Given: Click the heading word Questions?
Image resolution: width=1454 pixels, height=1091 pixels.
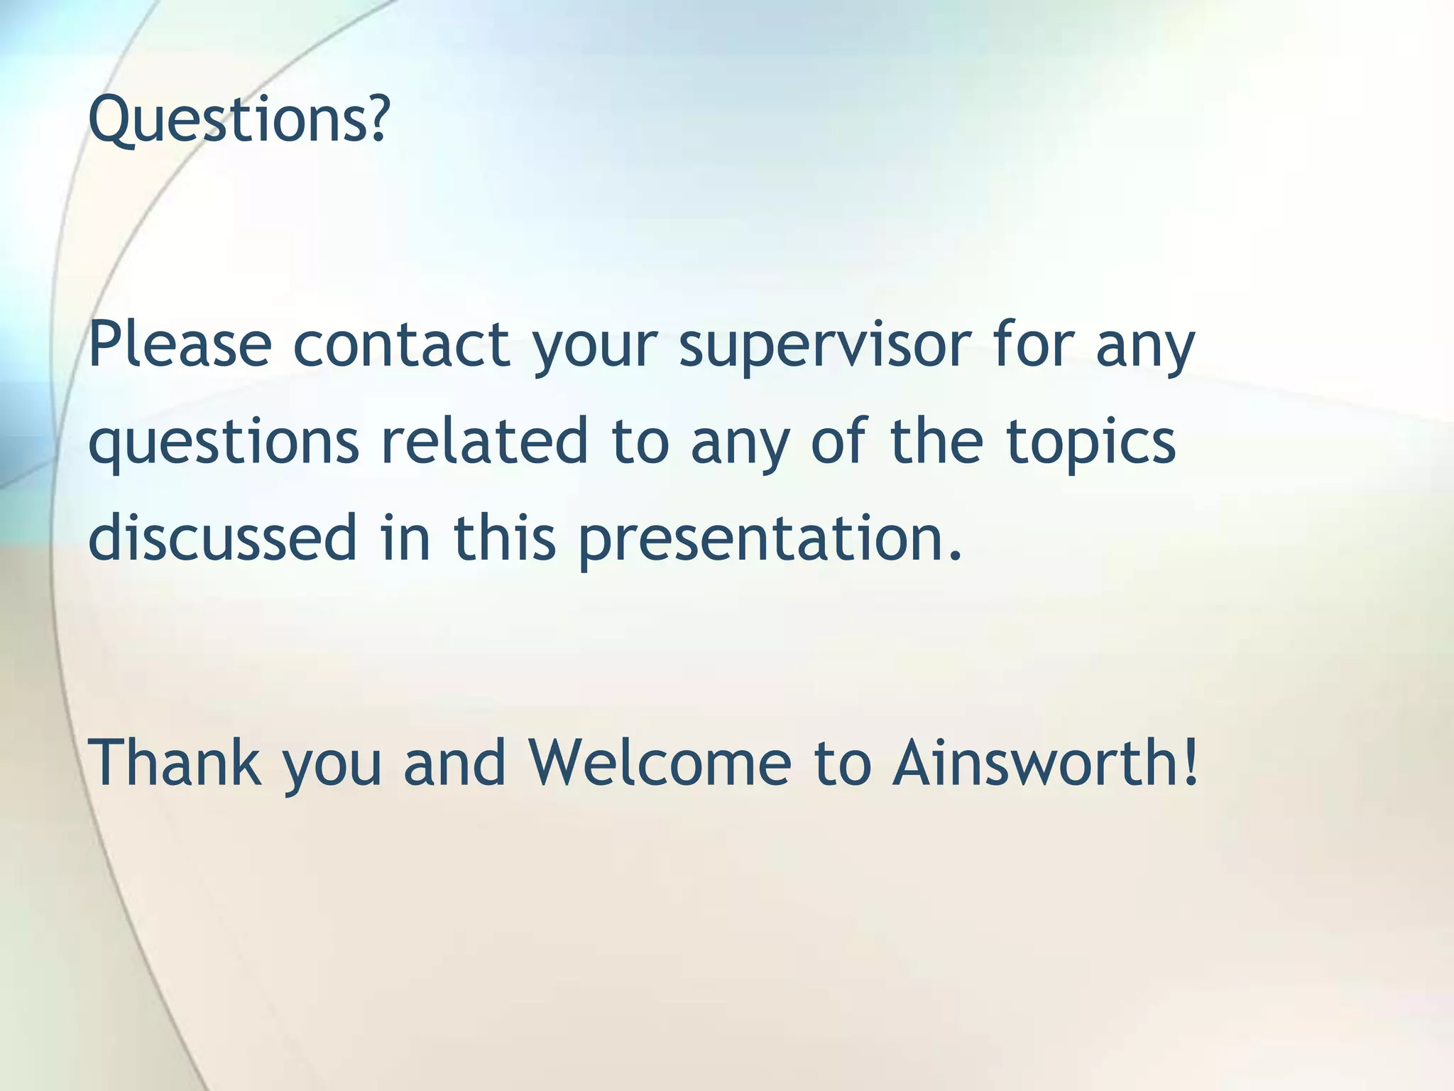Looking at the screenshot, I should (239, 119).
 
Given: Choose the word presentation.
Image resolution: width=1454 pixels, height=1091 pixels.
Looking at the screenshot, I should (770, 540).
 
